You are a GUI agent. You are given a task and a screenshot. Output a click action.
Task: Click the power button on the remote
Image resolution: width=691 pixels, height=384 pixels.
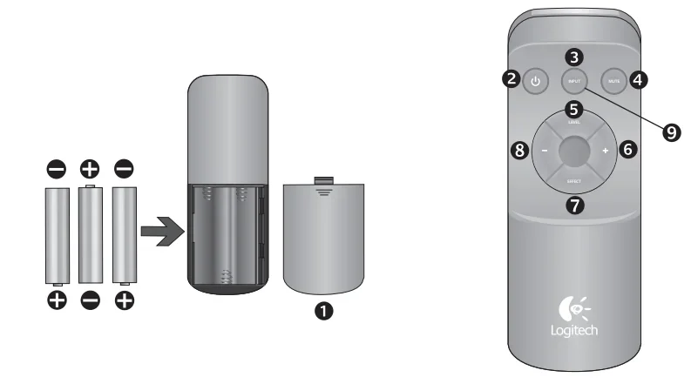tap(535, 84)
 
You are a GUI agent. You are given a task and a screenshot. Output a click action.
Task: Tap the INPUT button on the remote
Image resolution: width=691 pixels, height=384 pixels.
tap(573, 83)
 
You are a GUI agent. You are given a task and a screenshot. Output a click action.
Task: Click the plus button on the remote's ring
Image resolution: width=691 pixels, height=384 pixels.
tap(603, 151)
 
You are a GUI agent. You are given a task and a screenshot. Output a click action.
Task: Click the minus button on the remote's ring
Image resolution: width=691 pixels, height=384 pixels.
tap(545, 151)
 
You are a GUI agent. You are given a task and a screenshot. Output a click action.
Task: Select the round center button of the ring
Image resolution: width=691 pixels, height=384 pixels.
tap(573, 151)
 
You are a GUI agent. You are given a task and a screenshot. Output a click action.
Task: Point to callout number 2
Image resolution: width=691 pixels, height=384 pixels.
tap(512, 79)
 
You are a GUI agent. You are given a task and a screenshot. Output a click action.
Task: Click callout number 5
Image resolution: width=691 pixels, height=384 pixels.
tap(573, 109)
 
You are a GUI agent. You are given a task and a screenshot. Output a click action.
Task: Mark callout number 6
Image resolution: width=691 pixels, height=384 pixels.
tap(627, 149)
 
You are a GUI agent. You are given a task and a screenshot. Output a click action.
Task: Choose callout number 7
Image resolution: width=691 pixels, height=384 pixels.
tap(573, 205)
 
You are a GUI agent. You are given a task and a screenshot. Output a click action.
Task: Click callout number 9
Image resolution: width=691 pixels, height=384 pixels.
tap(670, 131)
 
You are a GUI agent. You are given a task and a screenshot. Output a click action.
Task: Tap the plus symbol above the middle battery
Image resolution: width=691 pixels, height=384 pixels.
tap(90, 168)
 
